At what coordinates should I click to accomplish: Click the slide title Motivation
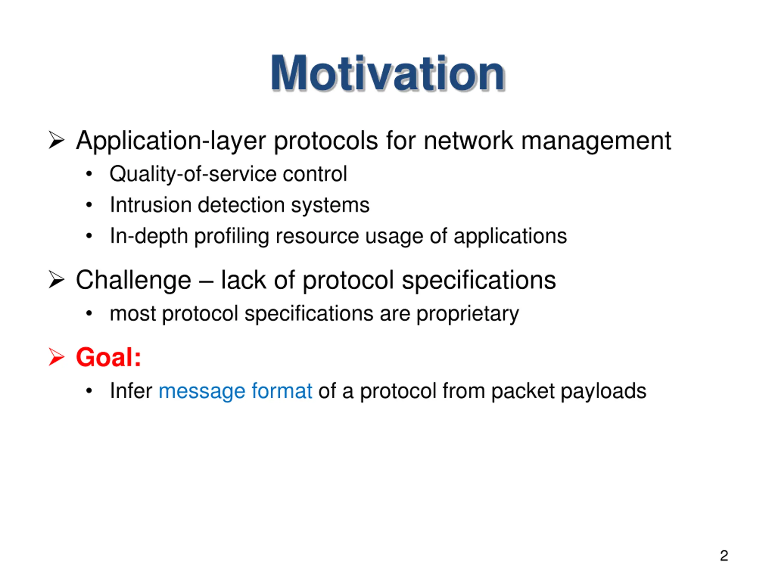[387, 74]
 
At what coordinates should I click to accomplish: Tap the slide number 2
[724, 556]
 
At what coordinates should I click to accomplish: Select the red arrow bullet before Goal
[56, 357]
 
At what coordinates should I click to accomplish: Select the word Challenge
[134, 281]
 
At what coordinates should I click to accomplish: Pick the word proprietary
[468, 314]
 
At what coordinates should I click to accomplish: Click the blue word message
[202, 391]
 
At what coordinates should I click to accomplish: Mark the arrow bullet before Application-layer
[56, 140]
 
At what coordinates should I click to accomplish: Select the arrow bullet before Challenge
[56, 280]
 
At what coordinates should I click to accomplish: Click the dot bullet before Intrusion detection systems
[89, 205]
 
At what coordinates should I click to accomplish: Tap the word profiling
[232, 236]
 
